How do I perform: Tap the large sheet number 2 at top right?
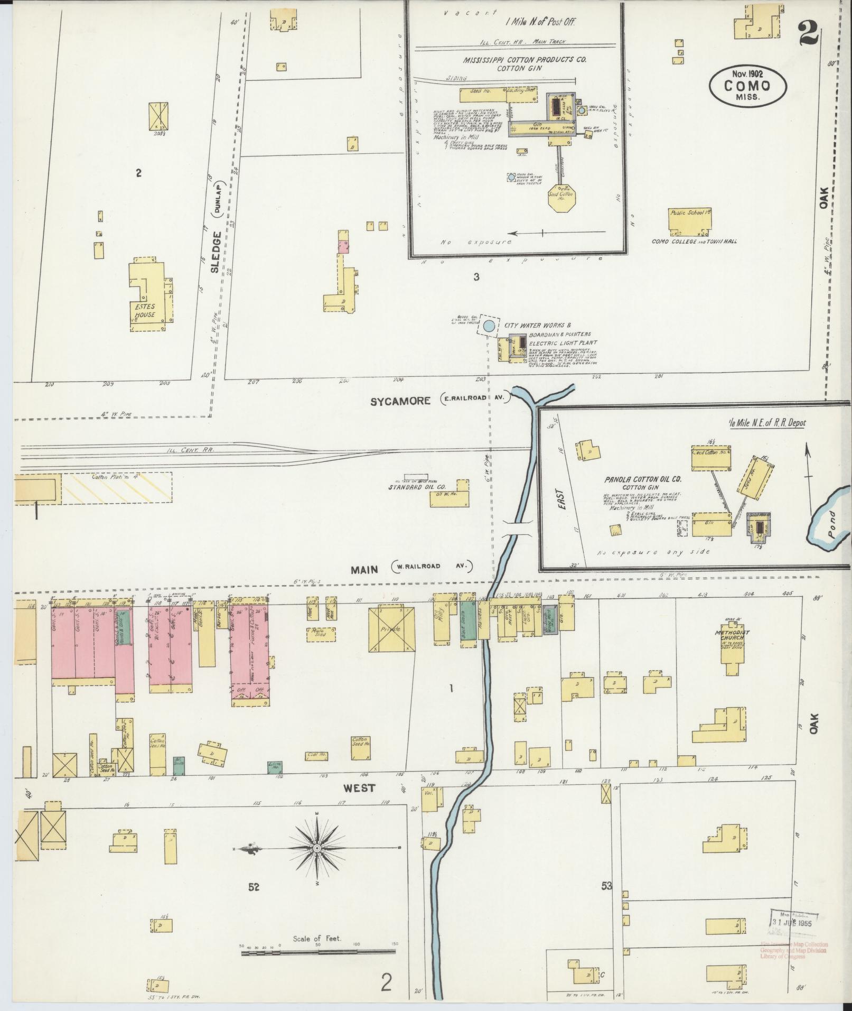click(808, 33)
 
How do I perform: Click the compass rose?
click(317, 849)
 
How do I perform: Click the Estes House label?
click(144, 311)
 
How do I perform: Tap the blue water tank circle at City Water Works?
click(489, 327)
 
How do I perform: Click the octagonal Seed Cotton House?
click(561, 198)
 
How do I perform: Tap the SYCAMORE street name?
click(400, 401)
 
